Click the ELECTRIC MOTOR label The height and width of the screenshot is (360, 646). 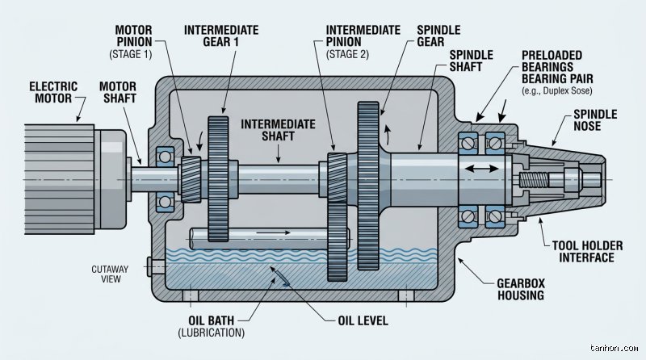(53, 93)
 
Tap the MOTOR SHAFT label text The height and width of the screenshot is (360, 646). (118, 93)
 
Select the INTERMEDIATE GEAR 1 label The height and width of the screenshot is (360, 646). (221, 36)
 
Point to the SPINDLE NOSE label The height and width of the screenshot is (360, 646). (595, 120)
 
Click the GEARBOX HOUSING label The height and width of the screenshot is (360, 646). (521, 289)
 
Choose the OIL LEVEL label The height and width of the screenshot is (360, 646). (363, 321)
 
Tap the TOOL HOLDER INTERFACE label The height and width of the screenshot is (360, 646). (587, 252)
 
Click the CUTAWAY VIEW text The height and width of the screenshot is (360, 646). (110, 274)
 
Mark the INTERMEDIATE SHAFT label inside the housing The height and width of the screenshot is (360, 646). (278, 130)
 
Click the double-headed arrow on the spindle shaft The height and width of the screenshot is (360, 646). (481, 169)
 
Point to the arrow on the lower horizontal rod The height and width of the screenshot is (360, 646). (274, 232)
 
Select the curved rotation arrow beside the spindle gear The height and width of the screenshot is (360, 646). (388, 134)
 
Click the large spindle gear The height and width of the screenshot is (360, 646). (368, 186)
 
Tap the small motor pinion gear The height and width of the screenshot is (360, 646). (191, 179)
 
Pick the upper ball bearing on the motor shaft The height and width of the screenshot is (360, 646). (165, 157)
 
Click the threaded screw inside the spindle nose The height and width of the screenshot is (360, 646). (534, 179)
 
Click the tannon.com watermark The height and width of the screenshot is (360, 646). (614, 348)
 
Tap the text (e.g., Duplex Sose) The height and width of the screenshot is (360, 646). (557, 90)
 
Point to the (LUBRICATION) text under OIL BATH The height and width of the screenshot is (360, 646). (212, 333)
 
